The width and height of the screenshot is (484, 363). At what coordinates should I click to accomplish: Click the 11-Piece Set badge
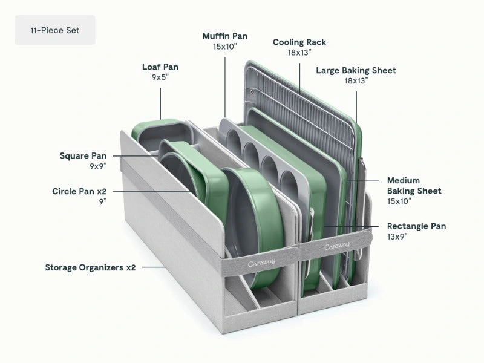[x=55, y=30]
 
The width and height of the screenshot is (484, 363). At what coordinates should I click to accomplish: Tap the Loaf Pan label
[x=160, y=67]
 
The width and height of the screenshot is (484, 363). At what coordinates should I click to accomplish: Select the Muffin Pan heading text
[x=225, y=36]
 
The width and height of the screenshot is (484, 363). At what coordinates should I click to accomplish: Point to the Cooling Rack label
[x=299, y=42]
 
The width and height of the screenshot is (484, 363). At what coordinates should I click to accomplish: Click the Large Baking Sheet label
[x=356, y=70]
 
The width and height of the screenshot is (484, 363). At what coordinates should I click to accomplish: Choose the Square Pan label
[x=83, y=155]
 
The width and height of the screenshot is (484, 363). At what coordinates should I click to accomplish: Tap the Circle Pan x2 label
[x=79, y=191]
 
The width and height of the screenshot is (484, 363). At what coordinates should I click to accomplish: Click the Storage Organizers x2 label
[x=90, y=267]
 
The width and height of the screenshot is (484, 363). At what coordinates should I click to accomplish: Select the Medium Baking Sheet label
[x=414, y=186]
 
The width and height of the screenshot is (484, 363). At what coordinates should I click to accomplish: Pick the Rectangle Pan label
[x=416, y=226]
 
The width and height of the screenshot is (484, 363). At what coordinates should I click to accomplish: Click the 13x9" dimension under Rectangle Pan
[x=397, y=237]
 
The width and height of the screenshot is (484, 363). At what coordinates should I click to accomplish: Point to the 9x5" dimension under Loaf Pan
[x=160, y=77]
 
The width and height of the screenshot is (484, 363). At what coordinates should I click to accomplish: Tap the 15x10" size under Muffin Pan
[x=225, y=47]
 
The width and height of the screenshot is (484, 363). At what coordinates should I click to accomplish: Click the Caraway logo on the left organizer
[x=261, y=263]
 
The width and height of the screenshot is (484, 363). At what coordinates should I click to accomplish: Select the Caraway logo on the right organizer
[x=337, y=246]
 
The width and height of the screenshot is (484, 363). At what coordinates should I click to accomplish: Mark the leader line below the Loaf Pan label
[x=160, y=103]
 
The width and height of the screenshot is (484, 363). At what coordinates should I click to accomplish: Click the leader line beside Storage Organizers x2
[x=154, y=267]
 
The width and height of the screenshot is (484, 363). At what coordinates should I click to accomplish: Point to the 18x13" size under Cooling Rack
[x=299, y=53]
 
